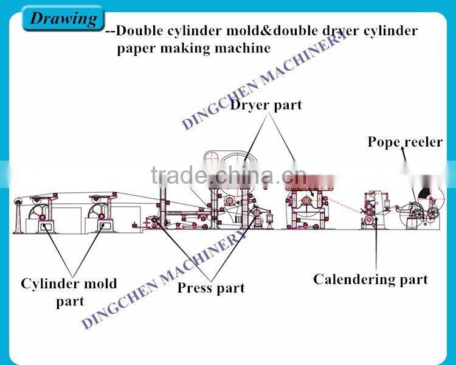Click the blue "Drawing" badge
point(63,18)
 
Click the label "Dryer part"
point(266,105)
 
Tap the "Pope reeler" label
point(405,142)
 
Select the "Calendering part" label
point(370,279)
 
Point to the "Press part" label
point(211,288)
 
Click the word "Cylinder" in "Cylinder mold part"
point(47,283)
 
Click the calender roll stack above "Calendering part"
point(370,210)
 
